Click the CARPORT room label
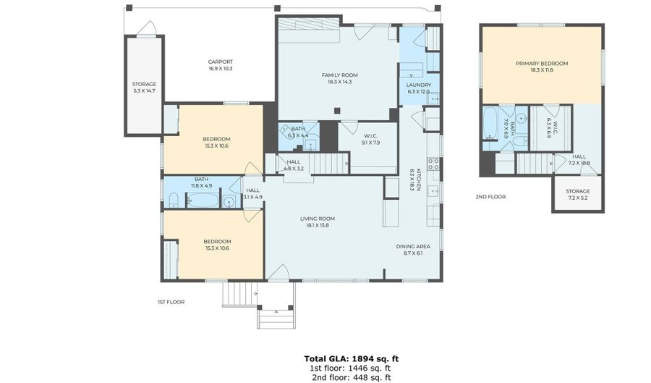(x=220, y=62)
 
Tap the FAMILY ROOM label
(x=339, y=75)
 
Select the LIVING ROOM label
(x=318, y=218)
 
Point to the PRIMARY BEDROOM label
(x=541, y=63)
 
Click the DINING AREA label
(x=413, y=246)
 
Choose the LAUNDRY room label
(x=418, y=85)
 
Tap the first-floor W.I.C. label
(x=371, y=135)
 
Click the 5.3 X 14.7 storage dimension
(x=144, y=92)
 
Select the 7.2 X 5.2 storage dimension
(x=577, y=198)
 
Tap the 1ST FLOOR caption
(x=171, y=301)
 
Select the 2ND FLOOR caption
(x=490, y=196)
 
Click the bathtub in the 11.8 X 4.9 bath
(x=203, y=200)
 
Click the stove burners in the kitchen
(x=433, y=164)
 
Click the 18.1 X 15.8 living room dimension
(x=318, y=225)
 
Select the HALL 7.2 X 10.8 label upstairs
(x=579, y=159)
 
